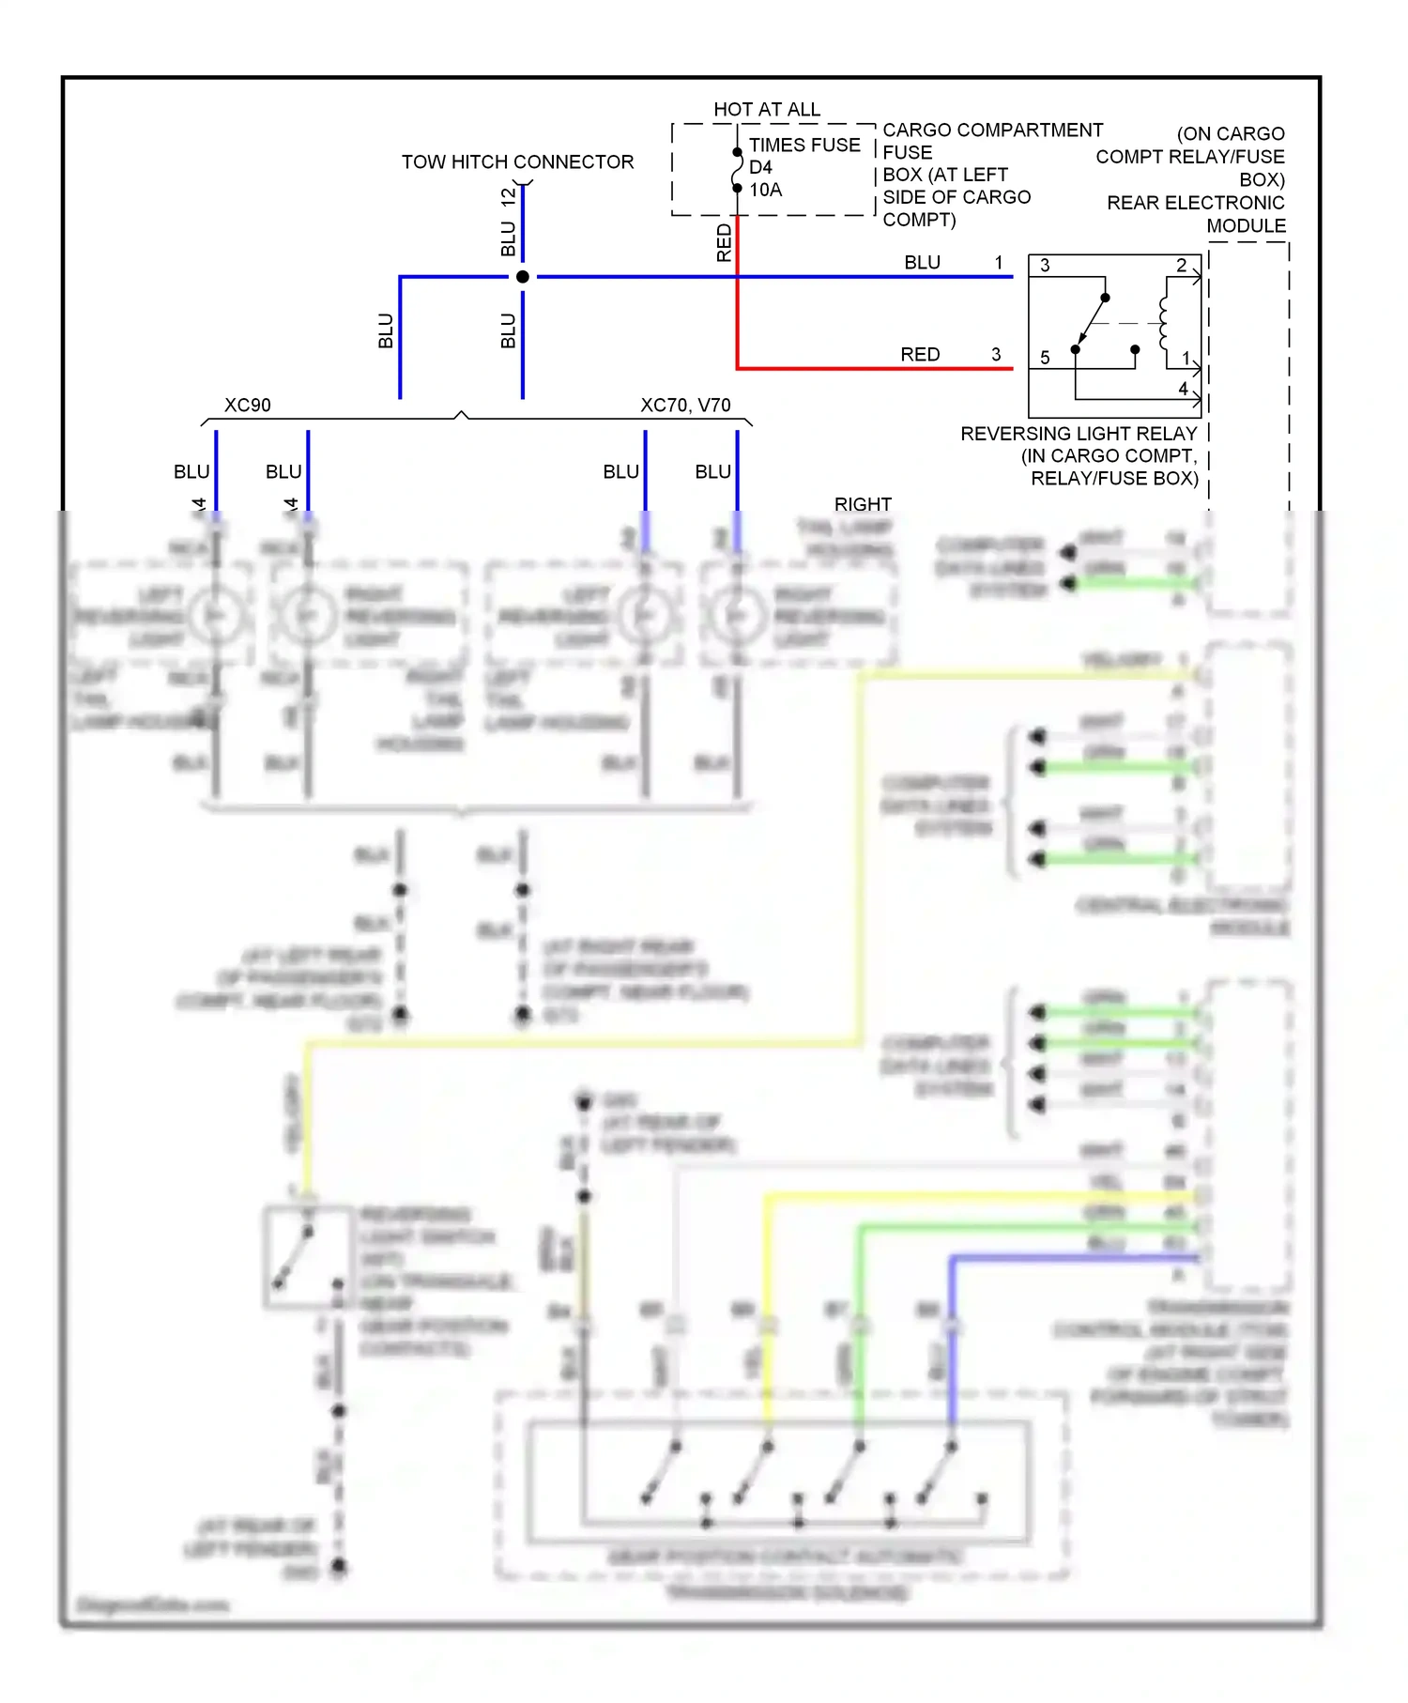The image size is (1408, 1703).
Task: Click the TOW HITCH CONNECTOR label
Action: click(x=517, y=161)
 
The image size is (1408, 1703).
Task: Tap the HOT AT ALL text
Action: click(x=766, y=109)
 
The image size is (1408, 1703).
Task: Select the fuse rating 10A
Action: click(x=765, y=190)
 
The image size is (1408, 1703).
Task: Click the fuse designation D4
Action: click(x=760, y=167)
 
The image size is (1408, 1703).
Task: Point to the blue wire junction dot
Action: click(x=523, y=277)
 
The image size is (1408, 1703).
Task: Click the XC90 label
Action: click(x=247, y=405)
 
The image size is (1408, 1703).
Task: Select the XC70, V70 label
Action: click(x=685, y=405)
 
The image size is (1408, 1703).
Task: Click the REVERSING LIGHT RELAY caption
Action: click(x=1079, y=434)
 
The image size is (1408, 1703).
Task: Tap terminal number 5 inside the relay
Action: click(x=1045, y=358)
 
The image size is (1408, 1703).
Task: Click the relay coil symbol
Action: click(x=1165, y=323)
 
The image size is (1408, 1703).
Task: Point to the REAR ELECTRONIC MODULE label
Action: click(x=1196, y=214)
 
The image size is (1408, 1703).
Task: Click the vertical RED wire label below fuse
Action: click(x=724, y=242)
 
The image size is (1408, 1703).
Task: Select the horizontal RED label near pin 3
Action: click(x=920, y=354)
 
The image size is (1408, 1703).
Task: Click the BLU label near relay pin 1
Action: click(x=922, y=262)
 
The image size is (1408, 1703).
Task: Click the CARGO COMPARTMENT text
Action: click(x=992, y=130)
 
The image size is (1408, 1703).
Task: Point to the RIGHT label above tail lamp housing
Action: click(x=863, y=504)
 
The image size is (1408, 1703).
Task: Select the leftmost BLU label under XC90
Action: click(x=191, y=471)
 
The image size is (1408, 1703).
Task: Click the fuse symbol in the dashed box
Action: click(x=738, y=170)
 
